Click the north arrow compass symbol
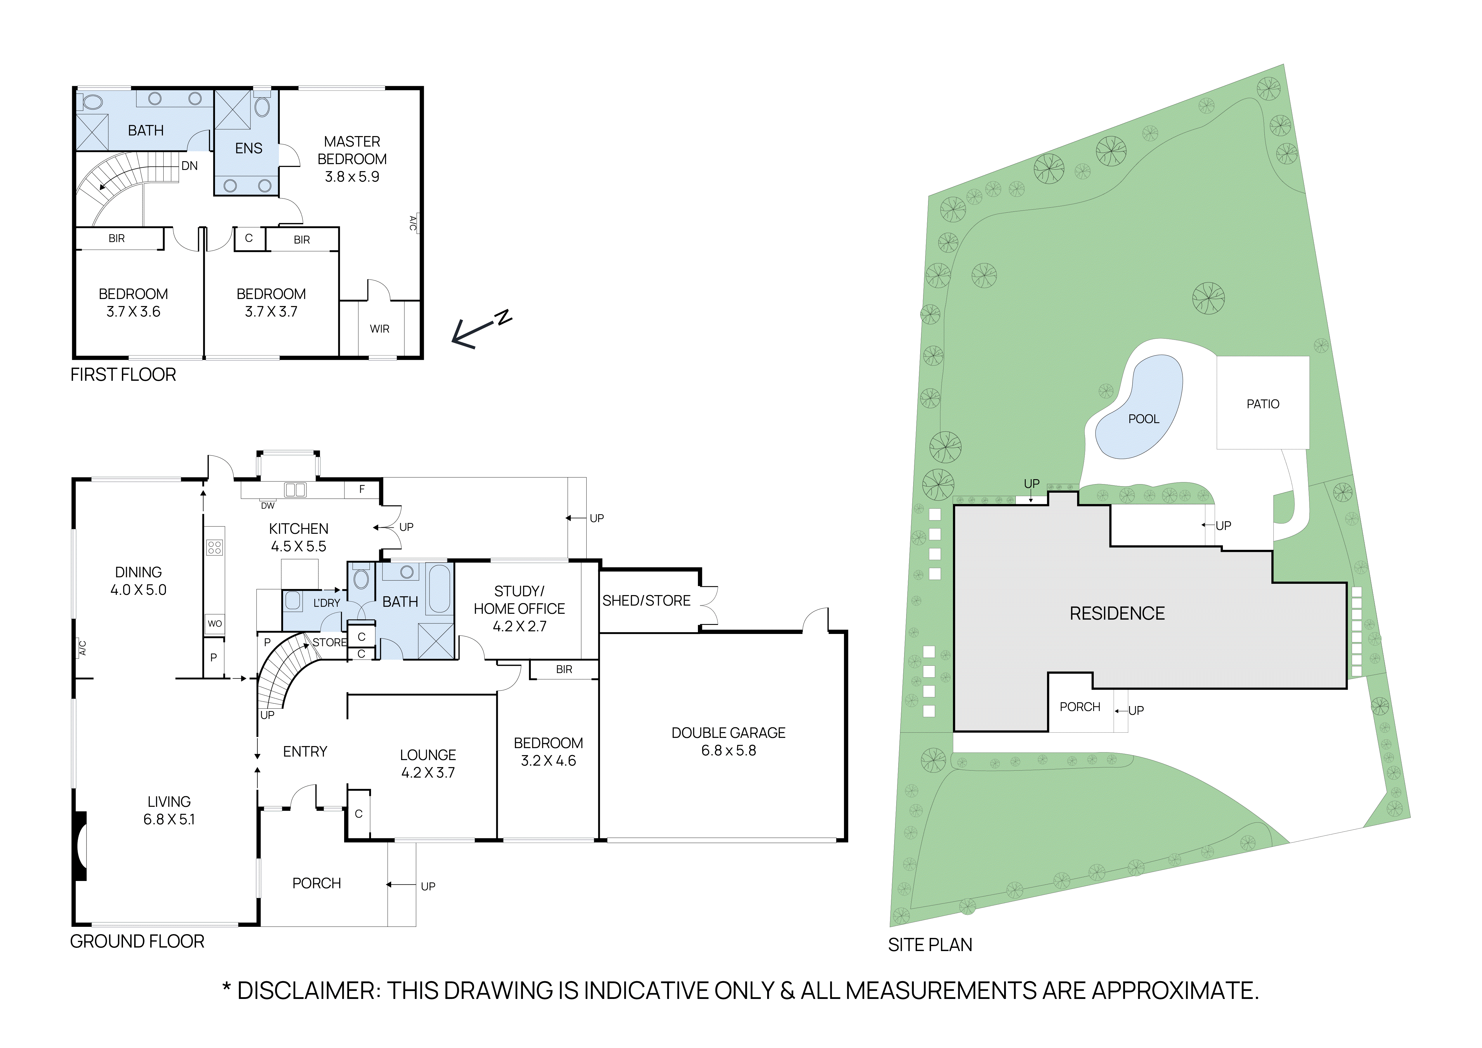[x=481, y=329]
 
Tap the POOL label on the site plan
[x=1143, y=419]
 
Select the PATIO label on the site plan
[x=1263, y=404]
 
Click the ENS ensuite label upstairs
[x=249, y=148]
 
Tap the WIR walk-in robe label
[x=379, y=329]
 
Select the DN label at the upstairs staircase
[x=189, y=166]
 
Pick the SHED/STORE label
[x=646, y=601]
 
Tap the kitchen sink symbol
[x=295, y=490]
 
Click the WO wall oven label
[x=214, y=623]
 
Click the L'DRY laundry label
[x=327, y=603]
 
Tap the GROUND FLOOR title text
[x=137, y=941]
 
